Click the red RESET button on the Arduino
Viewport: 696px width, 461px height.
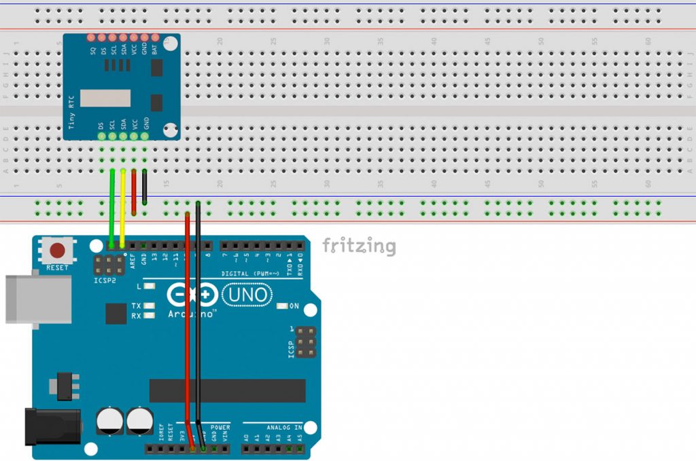click(x=58, y=249)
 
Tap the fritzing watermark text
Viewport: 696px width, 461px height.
click(x=358, y=245)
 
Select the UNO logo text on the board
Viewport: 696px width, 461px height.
click(x=247, y=295)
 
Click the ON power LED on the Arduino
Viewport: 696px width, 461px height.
click(x=283, y=306)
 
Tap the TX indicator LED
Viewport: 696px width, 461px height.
click(x=150, y=306)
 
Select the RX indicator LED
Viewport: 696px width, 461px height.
click(x=150, y=316)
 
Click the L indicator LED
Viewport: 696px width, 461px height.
click(x=150, y=287)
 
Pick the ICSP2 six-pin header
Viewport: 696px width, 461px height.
click(x=109, y=264)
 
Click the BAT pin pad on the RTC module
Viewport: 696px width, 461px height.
click(x=155, y=38)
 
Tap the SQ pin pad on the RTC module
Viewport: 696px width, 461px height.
click(x=92, y=38)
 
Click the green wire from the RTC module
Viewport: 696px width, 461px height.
click(x=111, y=204)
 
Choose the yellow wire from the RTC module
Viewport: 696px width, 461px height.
click(x=122, y=204)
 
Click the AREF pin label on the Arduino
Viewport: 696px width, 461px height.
click(x=133, y=260)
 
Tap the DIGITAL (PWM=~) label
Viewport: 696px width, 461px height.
click(x=249, y=274)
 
